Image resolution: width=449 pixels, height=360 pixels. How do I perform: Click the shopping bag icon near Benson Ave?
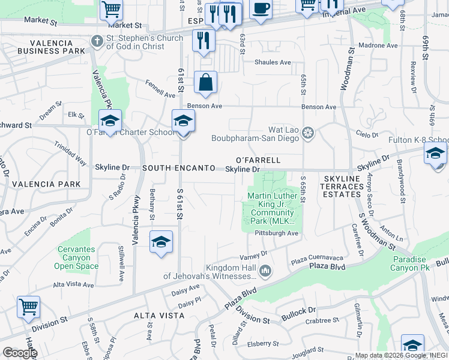[x=205, y=83]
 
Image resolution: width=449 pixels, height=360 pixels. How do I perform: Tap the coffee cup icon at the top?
[x=260, y=9]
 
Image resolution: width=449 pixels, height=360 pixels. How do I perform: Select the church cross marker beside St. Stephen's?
[x=97, y=41]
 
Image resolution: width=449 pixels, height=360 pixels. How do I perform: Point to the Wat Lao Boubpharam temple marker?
[x=308, y=132]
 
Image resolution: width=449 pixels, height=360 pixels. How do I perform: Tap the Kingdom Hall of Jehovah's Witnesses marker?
[x=265, y=272]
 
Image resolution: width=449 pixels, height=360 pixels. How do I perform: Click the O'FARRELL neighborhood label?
[x=258, y=160]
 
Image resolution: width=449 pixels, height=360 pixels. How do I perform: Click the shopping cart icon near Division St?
[x=28, y=307]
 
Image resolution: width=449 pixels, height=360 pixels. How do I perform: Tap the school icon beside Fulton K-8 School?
[x=435, y=153]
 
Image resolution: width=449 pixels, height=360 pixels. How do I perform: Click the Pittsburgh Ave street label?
[x=276, y=233]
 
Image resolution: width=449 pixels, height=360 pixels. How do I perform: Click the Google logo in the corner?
[x=19, y=353]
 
